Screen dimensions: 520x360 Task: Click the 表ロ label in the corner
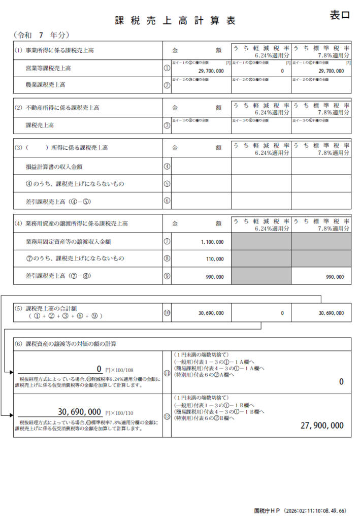point(340,15)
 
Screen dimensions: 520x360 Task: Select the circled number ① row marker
point(167,67)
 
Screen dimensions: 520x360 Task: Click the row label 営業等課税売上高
point(48,68)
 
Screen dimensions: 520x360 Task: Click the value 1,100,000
point(212,242)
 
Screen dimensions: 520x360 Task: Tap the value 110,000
point(215,259)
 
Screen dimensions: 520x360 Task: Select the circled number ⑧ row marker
point(167,258)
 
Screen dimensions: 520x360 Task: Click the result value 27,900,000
point(322,425)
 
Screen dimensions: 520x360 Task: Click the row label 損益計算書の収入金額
point(55,166)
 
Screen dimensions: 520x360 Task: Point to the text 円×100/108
point(118,370)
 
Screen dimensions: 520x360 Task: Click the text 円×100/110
point(118,413)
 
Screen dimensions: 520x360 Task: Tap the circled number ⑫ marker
point(167,416)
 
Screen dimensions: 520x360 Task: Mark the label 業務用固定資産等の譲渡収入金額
point(69,242)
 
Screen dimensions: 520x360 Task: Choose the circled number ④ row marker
point(167,166)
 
